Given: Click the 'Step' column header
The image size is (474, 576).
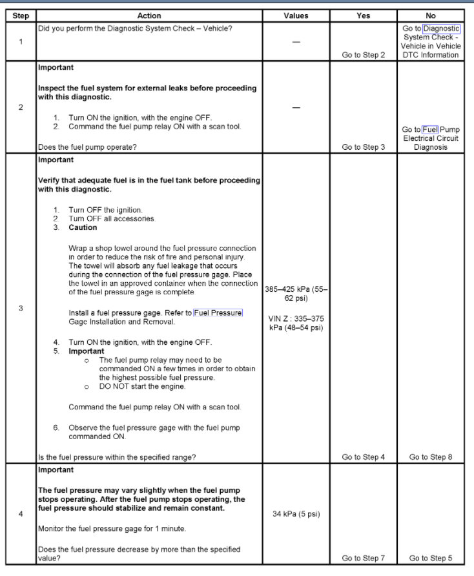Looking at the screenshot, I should [x=20, y=15].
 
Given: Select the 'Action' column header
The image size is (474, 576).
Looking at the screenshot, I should [x=149, y=15].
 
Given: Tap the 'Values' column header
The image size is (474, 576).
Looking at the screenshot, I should [x=296, y=15].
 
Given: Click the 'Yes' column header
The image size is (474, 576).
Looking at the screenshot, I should [x=364, y=15].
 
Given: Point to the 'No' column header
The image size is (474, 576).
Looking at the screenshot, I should [x=431, y=15].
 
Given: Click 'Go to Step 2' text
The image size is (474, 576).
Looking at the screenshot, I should [x=364, y=55].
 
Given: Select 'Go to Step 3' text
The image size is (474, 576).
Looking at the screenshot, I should [x=364, y=147].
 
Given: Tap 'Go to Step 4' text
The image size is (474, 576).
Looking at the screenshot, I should [x=364, y=457].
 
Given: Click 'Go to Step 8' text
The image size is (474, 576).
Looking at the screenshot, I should [x=431, y=457].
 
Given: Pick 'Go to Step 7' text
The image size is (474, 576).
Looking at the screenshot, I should [x=364, y=558].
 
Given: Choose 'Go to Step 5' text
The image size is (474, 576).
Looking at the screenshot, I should [x=431, y=558].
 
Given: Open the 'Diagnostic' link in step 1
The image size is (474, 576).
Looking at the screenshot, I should [x=442, y=28].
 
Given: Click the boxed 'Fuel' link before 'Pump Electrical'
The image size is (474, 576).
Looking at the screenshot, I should [x=430, y=130].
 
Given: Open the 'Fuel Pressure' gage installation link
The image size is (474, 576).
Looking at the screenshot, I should [x=218, y=313].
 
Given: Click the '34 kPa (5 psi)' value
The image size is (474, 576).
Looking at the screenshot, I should [x=296, y=514].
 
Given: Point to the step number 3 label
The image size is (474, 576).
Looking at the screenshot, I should [x=20, y=308].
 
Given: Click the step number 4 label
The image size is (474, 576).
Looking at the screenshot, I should [x=20, y=514].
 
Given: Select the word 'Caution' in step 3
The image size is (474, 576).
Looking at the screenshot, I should [x=83, y=227].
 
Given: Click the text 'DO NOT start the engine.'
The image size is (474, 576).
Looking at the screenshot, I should [x=142, y=386].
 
